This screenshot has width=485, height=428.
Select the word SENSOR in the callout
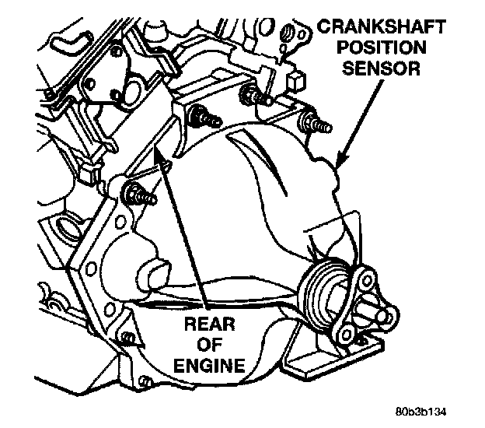pos(378,69)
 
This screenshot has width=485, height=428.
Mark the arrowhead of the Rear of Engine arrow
pos(164,161)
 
